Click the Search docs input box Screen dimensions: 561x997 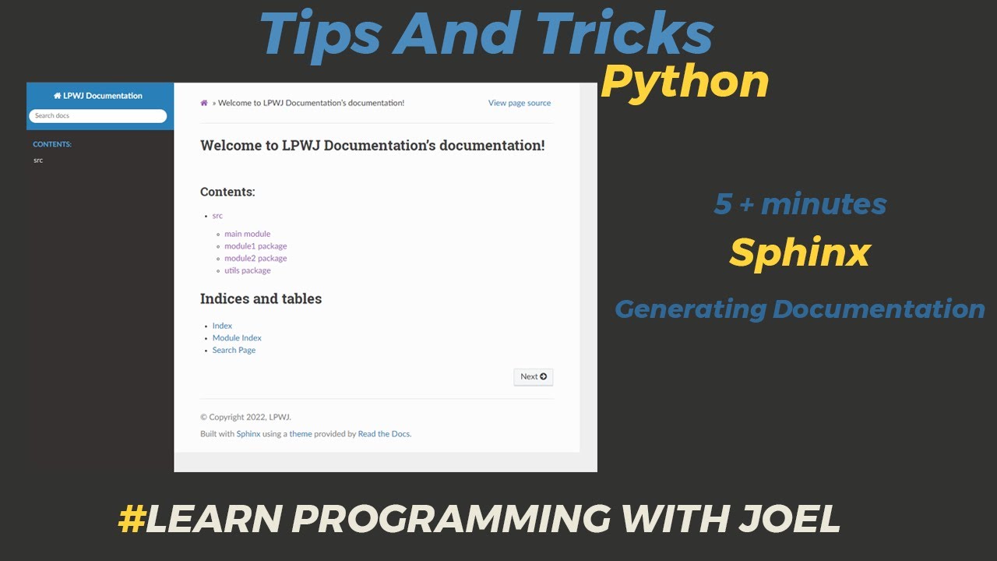pos(97,116)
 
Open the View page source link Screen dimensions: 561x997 pos(519,103)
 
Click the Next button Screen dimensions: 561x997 pos(534,377)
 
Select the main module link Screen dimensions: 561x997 pos(247,234)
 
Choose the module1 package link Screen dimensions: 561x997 pos(255,246)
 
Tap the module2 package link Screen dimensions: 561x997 pos(255,259)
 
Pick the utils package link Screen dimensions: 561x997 pos(247,271)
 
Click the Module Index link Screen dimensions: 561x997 pos(237,338)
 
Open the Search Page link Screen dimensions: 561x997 pos(234,351)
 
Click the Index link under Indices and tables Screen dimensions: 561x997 pos(222,326)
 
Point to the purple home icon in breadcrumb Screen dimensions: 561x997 pos(204,103)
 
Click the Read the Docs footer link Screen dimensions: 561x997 pos(383,434)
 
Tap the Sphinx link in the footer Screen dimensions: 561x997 pos(248,434)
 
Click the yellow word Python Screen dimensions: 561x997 pos(685,82)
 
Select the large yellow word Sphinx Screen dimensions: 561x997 pos(799,252)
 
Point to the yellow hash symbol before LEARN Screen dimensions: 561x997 pos(131,519)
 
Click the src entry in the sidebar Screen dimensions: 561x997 pos(38,161)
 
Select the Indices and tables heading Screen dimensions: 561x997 pos(260,299)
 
